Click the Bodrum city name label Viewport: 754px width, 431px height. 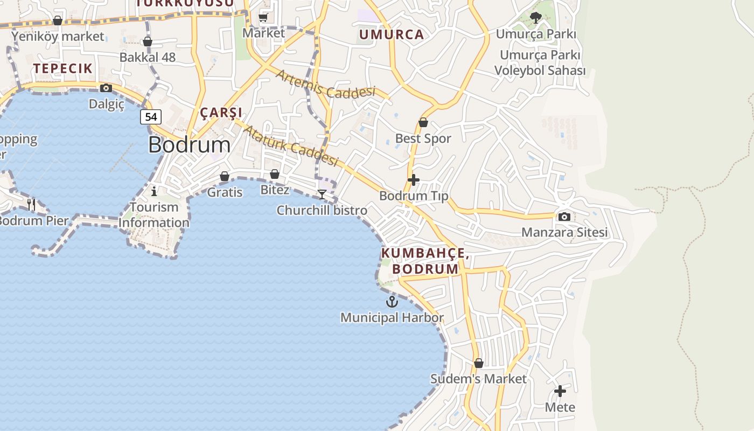point(189,144)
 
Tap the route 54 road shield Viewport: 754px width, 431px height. point(151,116)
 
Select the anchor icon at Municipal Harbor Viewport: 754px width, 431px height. point(392,302)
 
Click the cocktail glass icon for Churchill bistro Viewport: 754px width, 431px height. point(322,194)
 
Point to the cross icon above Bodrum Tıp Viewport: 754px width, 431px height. point(414,179)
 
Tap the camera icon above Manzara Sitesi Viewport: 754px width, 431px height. point(564,217)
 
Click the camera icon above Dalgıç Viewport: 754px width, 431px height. point(106,88)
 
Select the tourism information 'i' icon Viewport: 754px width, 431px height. point(154,191)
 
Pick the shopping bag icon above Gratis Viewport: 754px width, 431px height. point(225,176)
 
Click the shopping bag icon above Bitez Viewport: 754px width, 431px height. point(274,174)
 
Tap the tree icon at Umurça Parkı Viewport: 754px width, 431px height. point(535,18)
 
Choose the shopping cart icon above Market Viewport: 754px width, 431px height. point(263,17)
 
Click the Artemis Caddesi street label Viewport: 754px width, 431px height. point(325,84)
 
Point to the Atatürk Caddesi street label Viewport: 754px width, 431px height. point(291,145)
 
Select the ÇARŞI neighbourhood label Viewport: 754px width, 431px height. point(221,113)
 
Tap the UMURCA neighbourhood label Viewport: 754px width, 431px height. point(392,35)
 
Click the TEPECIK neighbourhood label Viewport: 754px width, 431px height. point(63,68)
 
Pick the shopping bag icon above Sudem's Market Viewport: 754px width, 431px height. point(478,363)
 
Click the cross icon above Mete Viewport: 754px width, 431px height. point(560,391)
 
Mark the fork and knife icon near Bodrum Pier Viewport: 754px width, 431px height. point(31,204)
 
